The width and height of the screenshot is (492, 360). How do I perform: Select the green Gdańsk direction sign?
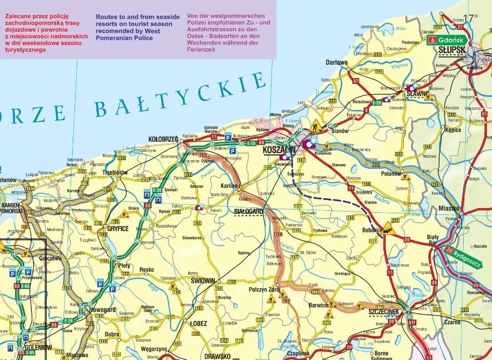pyautogui.click(x=446, y=40)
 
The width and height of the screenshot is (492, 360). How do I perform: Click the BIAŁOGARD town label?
pyautogui.click(x=248, y=212)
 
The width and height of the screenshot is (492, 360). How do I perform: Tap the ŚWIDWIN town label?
pyautogui.click(x=203, y=280)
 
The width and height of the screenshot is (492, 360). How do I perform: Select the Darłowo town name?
pyautogui.click(x=336, y=62)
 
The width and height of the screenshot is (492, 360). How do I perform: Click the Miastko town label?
pyautogui.click(x=449, y=208)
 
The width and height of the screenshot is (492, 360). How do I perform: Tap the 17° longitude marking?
pyautogui.click(x=471, y=18)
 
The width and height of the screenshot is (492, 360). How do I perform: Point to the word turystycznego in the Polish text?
pyautogui.click(x=25, y=50)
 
